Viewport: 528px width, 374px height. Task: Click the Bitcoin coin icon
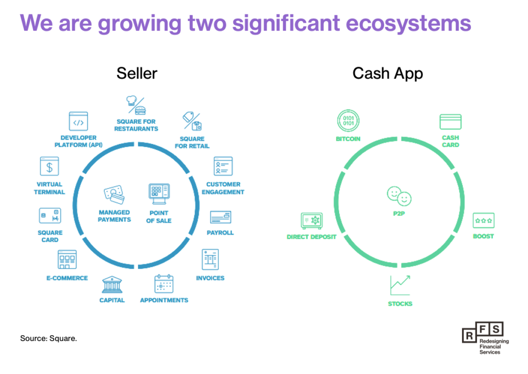348,121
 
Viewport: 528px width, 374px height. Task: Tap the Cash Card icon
450,122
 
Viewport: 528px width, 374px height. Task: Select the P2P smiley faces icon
399,196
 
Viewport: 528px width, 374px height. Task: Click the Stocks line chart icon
400,285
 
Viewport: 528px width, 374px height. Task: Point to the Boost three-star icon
484,221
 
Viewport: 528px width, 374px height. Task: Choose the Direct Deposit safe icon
311,221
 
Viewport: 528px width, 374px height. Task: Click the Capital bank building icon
112,285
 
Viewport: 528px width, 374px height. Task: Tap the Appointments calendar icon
164,284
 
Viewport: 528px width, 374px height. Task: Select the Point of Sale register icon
159,194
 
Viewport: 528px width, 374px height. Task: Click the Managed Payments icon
114,194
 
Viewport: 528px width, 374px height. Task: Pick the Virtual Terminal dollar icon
49,166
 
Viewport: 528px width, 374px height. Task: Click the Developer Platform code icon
78,121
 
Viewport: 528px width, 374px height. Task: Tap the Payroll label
220,233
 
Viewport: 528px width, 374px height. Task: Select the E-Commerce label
67,278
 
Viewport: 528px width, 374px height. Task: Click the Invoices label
210,278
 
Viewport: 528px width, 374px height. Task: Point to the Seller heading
137,73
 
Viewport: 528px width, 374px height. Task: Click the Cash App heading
388,73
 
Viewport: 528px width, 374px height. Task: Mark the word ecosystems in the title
408,23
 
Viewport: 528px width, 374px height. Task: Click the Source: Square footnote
48,338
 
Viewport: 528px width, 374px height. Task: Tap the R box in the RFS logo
469,336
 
